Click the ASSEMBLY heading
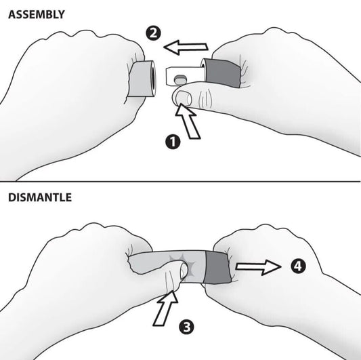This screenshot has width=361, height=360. point(37,14)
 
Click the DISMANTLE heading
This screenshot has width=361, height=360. point(40,197)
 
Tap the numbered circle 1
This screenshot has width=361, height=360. point(173,142)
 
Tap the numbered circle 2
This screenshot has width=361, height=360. point(153,34)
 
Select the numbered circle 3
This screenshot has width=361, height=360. point(186,327)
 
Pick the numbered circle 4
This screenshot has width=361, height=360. point(298,266)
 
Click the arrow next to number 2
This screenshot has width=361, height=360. point(186,47)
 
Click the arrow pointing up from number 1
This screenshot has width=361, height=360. point(188,121)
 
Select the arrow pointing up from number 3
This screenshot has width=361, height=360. point(166,308)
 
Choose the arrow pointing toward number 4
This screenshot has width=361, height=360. point(258,267)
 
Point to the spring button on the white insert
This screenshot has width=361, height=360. point(179,79)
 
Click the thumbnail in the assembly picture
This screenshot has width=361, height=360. point(183,98)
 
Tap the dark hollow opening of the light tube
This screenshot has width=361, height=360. point(153,79)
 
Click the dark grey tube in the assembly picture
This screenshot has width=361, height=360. point(222,73)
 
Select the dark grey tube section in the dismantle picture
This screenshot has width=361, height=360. point(217,266)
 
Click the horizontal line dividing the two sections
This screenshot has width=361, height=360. point(180,182)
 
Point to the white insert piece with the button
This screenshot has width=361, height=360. point(184,76)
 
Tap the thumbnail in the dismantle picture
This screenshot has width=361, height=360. point(184,270)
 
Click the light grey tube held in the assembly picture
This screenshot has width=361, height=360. point(141,79)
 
